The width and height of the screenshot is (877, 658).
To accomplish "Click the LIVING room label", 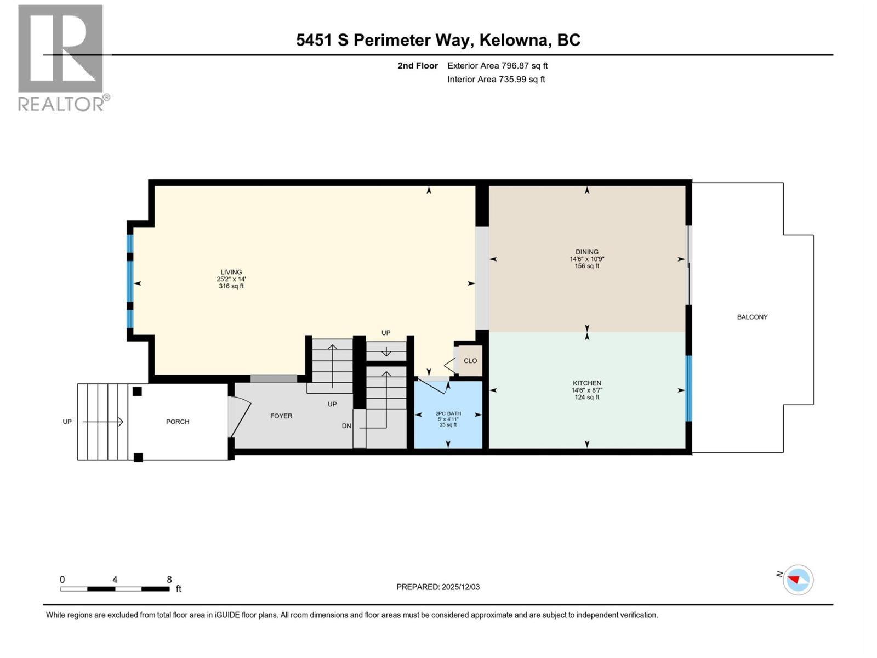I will click(231, 272).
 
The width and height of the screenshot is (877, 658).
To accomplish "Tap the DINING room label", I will click(586, 252).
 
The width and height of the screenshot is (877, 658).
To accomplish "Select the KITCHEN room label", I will click(586, 383).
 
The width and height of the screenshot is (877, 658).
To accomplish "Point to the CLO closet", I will click(470, 361).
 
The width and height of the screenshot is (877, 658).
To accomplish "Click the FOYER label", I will click(281, 416).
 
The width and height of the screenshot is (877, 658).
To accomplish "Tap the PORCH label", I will click(178, 422).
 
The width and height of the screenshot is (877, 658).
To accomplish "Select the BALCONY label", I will click(752, 317).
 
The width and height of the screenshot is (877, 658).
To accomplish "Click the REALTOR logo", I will click(61, 58).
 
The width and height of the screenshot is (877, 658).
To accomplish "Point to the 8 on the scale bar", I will click(169, 580).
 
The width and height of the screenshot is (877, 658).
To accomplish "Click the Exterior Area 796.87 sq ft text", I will click(497, 66).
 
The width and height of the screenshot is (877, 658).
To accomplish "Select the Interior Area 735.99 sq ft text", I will click(496, 80).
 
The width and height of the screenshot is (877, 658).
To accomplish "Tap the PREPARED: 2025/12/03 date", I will click(438, 587).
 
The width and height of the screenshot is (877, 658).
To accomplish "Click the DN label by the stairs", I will click(346, 426).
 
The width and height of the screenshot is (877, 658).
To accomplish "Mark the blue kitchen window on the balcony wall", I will click(689, 388).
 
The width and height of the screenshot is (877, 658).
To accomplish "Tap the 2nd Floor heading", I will click(418, 66).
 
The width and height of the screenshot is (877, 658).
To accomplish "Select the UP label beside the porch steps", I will click(67, 422).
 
